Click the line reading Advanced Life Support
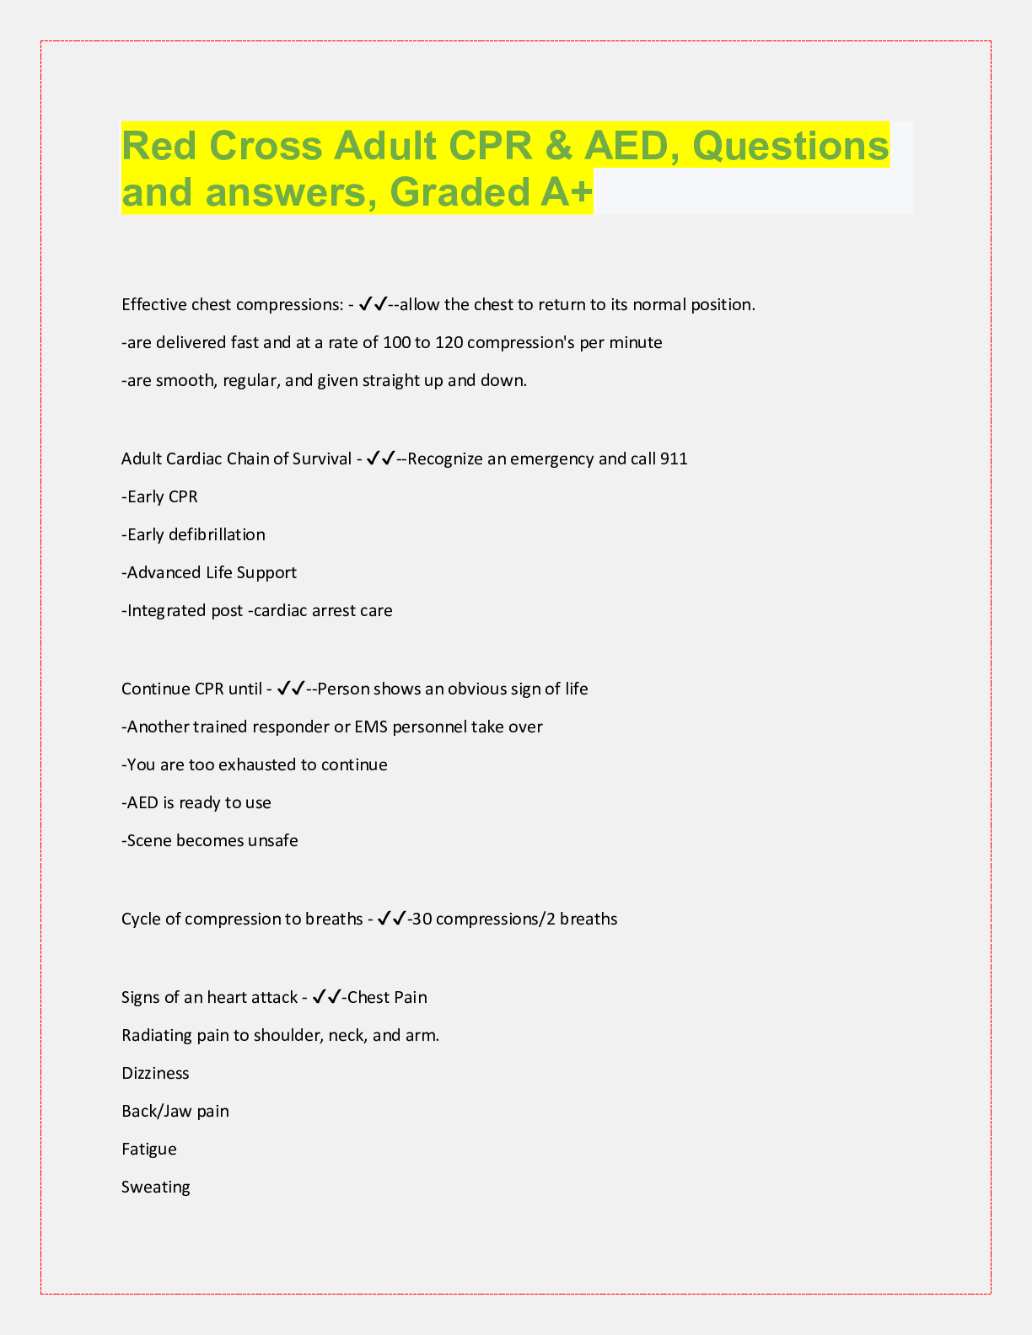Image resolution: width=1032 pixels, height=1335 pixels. (x=209, y=573)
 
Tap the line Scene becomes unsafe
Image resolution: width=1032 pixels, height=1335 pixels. (x=210, y=841)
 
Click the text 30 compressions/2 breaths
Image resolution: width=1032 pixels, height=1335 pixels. (x=515, y=919)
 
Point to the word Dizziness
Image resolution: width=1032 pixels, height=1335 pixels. (x=155, y=1074)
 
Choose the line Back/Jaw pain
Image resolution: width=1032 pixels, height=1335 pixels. (x=175, y=1112)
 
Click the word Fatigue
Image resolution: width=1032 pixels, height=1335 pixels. (x=149, y=1150)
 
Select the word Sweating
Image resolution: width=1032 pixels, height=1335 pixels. (x=156, y=1188)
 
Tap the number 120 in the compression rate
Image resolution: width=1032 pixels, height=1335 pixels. (x=449, y=343)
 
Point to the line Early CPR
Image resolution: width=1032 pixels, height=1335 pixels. (x=160, y=497)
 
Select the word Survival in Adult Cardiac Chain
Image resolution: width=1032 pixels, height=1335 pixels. (x=322, y=459)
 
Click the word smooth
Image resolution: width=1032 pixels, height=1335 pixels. (x=185, y=381)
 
